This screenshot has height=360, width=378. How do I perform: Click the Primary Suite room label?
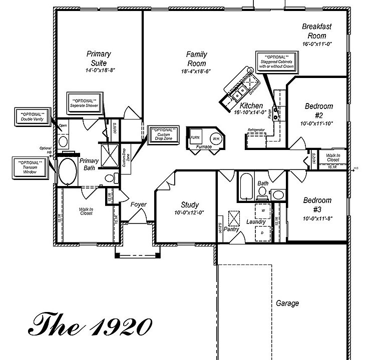click(99, 58)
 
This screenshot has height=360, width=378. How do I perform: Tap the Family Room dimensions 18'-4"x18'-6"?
click(196, 71)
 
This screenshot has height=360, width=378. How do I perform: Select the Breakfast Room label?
click(317, 31)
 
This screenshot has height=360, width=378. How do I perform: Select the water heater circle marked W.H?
click(216, 137)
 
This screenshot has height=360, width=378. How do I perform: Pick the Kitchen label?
click(251, 106)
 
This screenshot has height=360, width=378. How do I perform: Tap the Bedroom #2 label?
click(319, 110)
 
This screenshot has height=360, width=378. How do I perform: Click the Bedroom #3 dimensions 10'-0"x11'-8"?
click(317, 218)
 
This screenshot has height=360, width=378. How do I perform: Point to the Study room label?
click(190, 204)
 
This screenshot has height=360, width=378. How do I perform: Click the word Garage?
click(287, 303)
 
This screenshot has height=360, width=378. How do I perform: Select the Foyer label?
click(138, 204)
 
